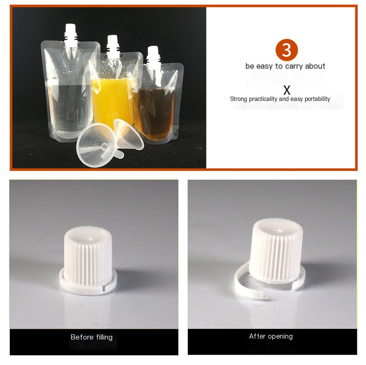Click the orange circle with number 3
click(286, 50)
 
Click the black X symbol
click(287, 90)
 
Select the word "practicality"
click(263, 99)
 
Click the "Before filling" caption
click(92, 337)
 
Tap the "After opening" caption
click(271, 336)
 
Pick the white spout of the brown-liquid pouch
click(153, 57)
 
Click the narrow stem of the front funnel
click(119, 154)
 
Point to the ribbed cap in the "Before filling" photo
click(88, 255)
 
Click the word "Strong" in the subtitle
click(239, 99)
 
